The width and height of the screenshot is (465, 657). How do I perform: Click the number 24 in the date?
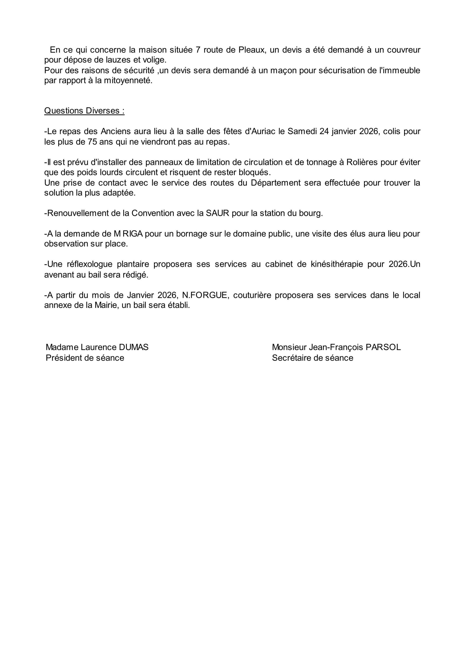click(x=325, y=131)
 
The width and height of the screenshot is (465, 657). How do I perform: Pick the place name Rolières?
click(x=361, y=162)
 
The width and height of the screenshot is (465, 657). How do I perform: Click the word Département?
click(x=276, y=183)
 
